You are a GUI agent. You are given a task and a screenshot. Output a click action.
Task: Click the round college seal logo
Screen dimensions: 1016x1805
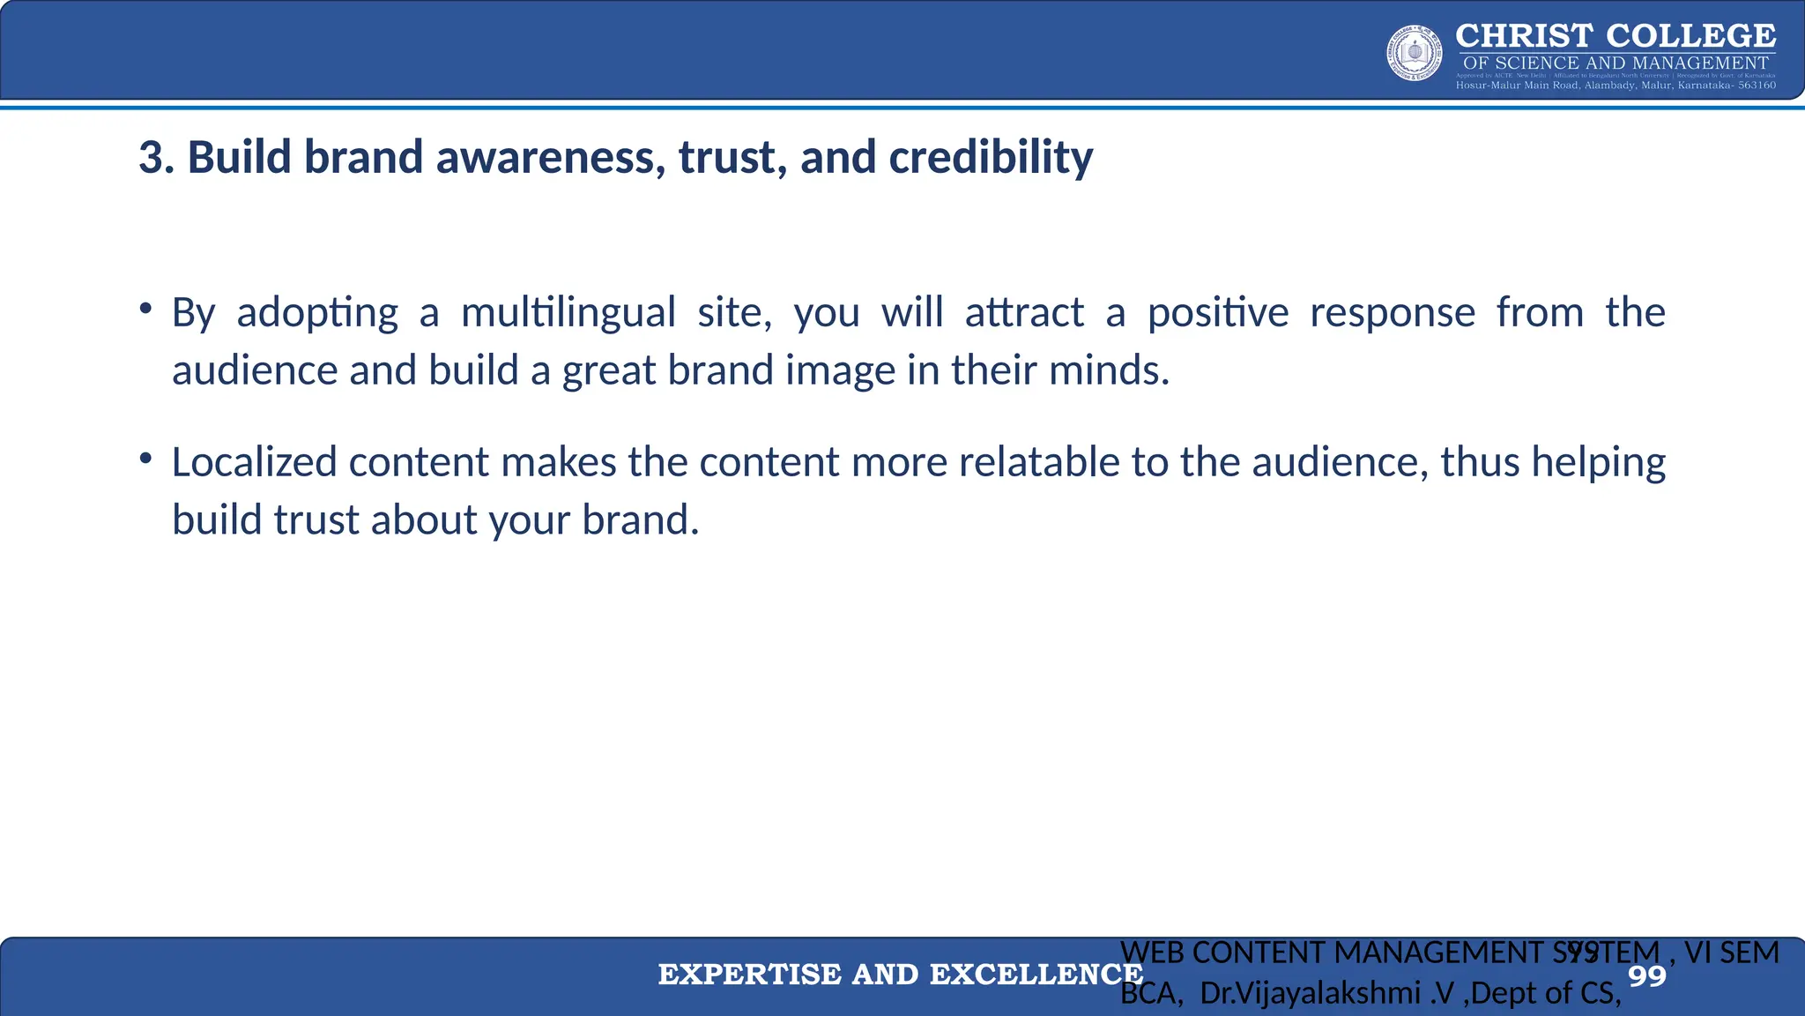point(1415,54)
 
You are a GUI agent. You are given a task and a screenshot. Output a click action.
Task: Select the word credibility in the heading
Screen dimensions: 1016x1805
point(991,158)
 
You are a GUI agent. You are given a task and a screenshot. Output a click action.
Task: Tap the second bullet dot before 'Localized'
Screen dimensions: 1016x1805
point(145,459)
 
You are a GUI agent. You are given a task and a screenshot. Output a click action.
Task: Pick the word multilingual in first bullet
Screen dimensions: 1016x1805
point(568,313)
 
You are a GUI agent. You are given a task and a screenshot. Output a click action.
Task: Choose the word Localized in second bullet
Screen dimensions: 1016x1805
point(253,463)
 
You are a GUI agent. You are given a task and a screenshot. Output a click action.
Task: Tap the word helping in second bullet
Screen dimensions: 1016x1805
point(1598,463)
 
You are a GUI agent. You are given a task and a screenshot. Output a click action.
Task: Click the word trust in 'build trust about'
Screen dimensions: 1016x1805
point(316,520)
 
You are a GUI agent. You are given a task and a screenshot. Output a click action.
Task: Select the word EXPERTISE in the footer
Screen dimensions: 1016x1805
point(749,975)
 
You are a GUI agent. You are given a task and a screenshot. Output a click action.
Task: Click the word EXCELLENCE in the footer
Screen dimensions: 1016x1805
point(1036,975)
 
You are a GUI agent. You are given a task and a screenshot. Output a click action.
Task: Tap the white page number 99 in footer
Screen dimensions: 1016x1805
point(1646,976)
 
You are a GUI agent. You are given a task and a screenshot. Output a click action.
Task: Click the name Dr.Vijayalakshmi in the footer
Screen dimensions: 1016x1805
point(1310,994)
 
